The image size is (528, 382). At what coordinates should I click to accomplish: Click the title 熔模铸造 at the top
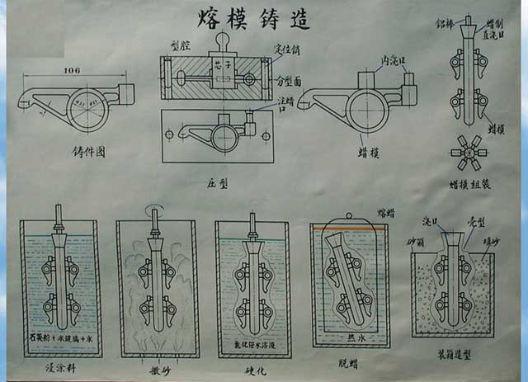pyautogui.click(x=254, y=19)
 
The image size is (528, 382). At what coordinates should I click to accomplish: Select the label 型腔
pyautogui.click(x=180, y=46)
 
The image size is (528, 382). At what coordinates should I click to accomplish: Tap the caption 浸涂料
pyautogui.click(x=59, y=363)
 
